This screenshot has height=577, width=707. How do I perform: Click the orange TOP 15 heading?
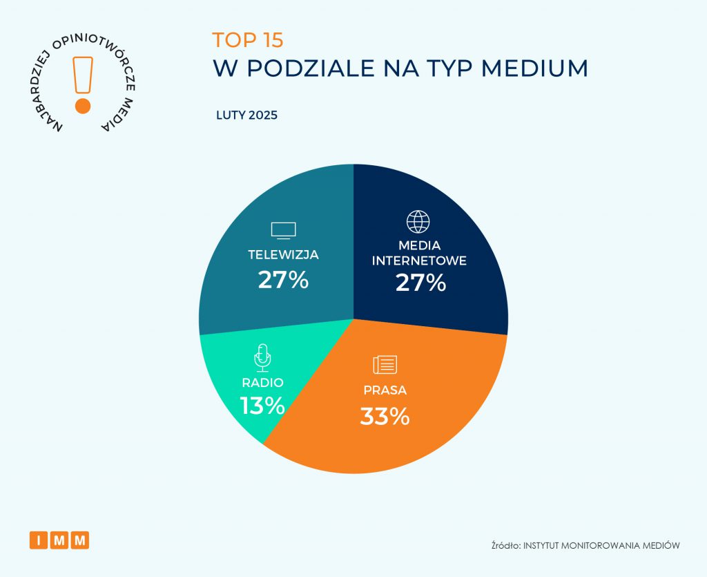point(248,39)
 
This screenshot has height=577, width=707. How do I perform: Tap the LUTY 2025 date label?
point(247,115)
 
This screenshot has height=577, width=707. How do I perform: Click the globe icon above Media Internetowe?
point(418,222)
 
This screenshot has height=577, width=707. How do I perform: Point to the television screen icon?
point(283,230)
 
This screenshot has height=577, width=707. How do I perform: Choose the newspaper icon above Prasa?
point(385,365)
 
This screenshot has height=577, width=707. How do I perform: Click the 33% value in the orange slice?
point(385,416)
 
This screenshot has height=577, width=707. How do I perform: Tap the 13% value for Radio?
point(262,406)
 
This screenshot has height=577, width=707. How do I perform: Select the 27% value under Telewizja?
point(283,280)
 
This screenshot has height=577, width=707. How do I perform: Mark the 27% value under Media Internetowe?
point(420,283)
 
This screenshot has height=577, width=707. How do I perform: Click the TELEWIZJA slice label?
point(283,254)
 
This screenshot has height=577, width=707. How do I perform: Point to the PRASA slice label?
point(385,390)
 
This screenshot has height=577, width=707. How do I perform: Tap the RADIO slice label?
point(262,382)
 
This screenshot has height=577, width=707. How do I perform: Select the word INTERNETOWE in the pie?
point(420,261)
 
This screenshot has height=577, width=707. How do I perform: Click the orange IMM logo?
point(59,540)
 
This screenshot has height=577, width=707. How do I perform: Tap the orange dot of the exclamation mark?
point(83,106)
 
